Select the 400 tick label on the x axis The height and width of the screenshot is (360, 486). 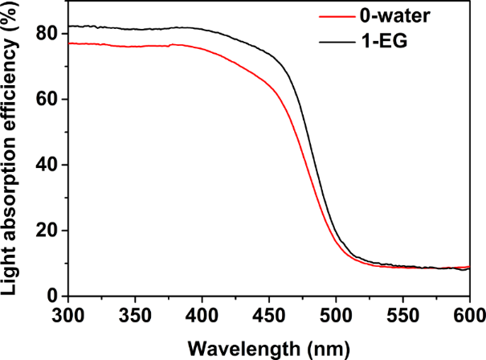coord(202,314)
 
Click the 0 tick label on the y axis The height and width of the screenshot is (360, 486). coord(53,297)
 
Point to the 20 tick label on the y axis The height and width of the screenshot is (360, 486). coord(48,231)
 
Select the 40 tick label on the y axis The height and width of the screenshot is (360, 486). coord(48,166)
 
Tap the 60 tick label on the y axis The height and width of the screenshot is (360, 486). coord(48,100)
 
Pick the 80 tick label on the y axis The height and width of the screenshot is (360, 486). coord(48,34)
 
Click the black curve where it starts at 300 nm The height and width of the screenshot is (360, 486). coord(70,26)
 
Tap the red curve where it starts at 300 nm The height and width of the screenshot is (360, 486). coord(70,43)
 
